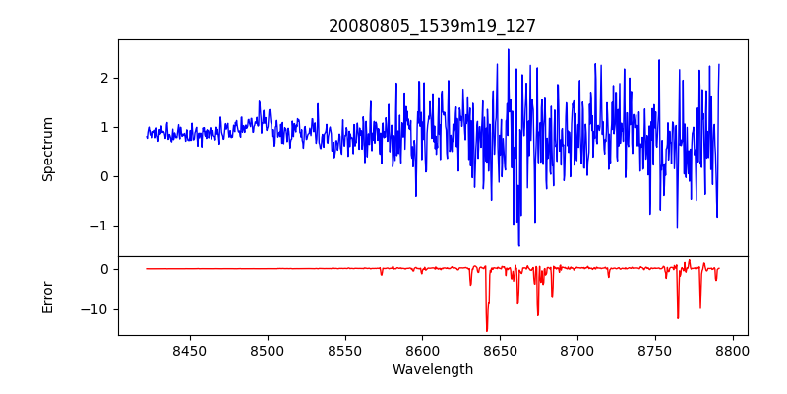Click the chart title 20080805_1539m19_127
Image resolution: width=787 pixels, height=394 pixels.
[432, 26]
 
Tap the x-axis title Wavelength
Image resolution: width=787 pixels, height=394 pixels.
[432, 369]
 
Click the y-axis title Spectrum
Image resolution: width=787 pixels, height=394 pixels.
[47, 149]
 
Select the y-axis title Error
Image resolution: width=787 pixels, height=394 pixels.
[47, 295]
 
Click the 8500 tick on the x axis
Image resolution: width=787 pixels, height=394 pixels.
[268, 350]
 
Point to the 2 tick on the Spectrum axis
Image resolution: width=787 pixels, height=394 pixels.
[104, 78]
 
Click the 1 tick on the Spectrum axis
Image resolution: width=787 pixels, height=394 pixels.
[104, 127]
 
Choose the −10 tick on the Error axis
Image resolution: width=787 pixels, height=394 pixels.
[96, 309]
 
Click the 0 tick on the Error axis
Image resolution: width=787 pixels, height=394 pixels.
[104, 269]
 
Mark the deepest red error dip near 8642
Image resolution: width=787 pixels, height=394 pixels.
[486, 330]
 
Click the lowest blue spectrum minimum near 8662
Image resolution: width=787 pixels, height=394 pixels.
[518, 245]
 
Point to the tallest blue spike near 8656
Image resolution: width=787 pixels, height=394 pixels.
[509, 49]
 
